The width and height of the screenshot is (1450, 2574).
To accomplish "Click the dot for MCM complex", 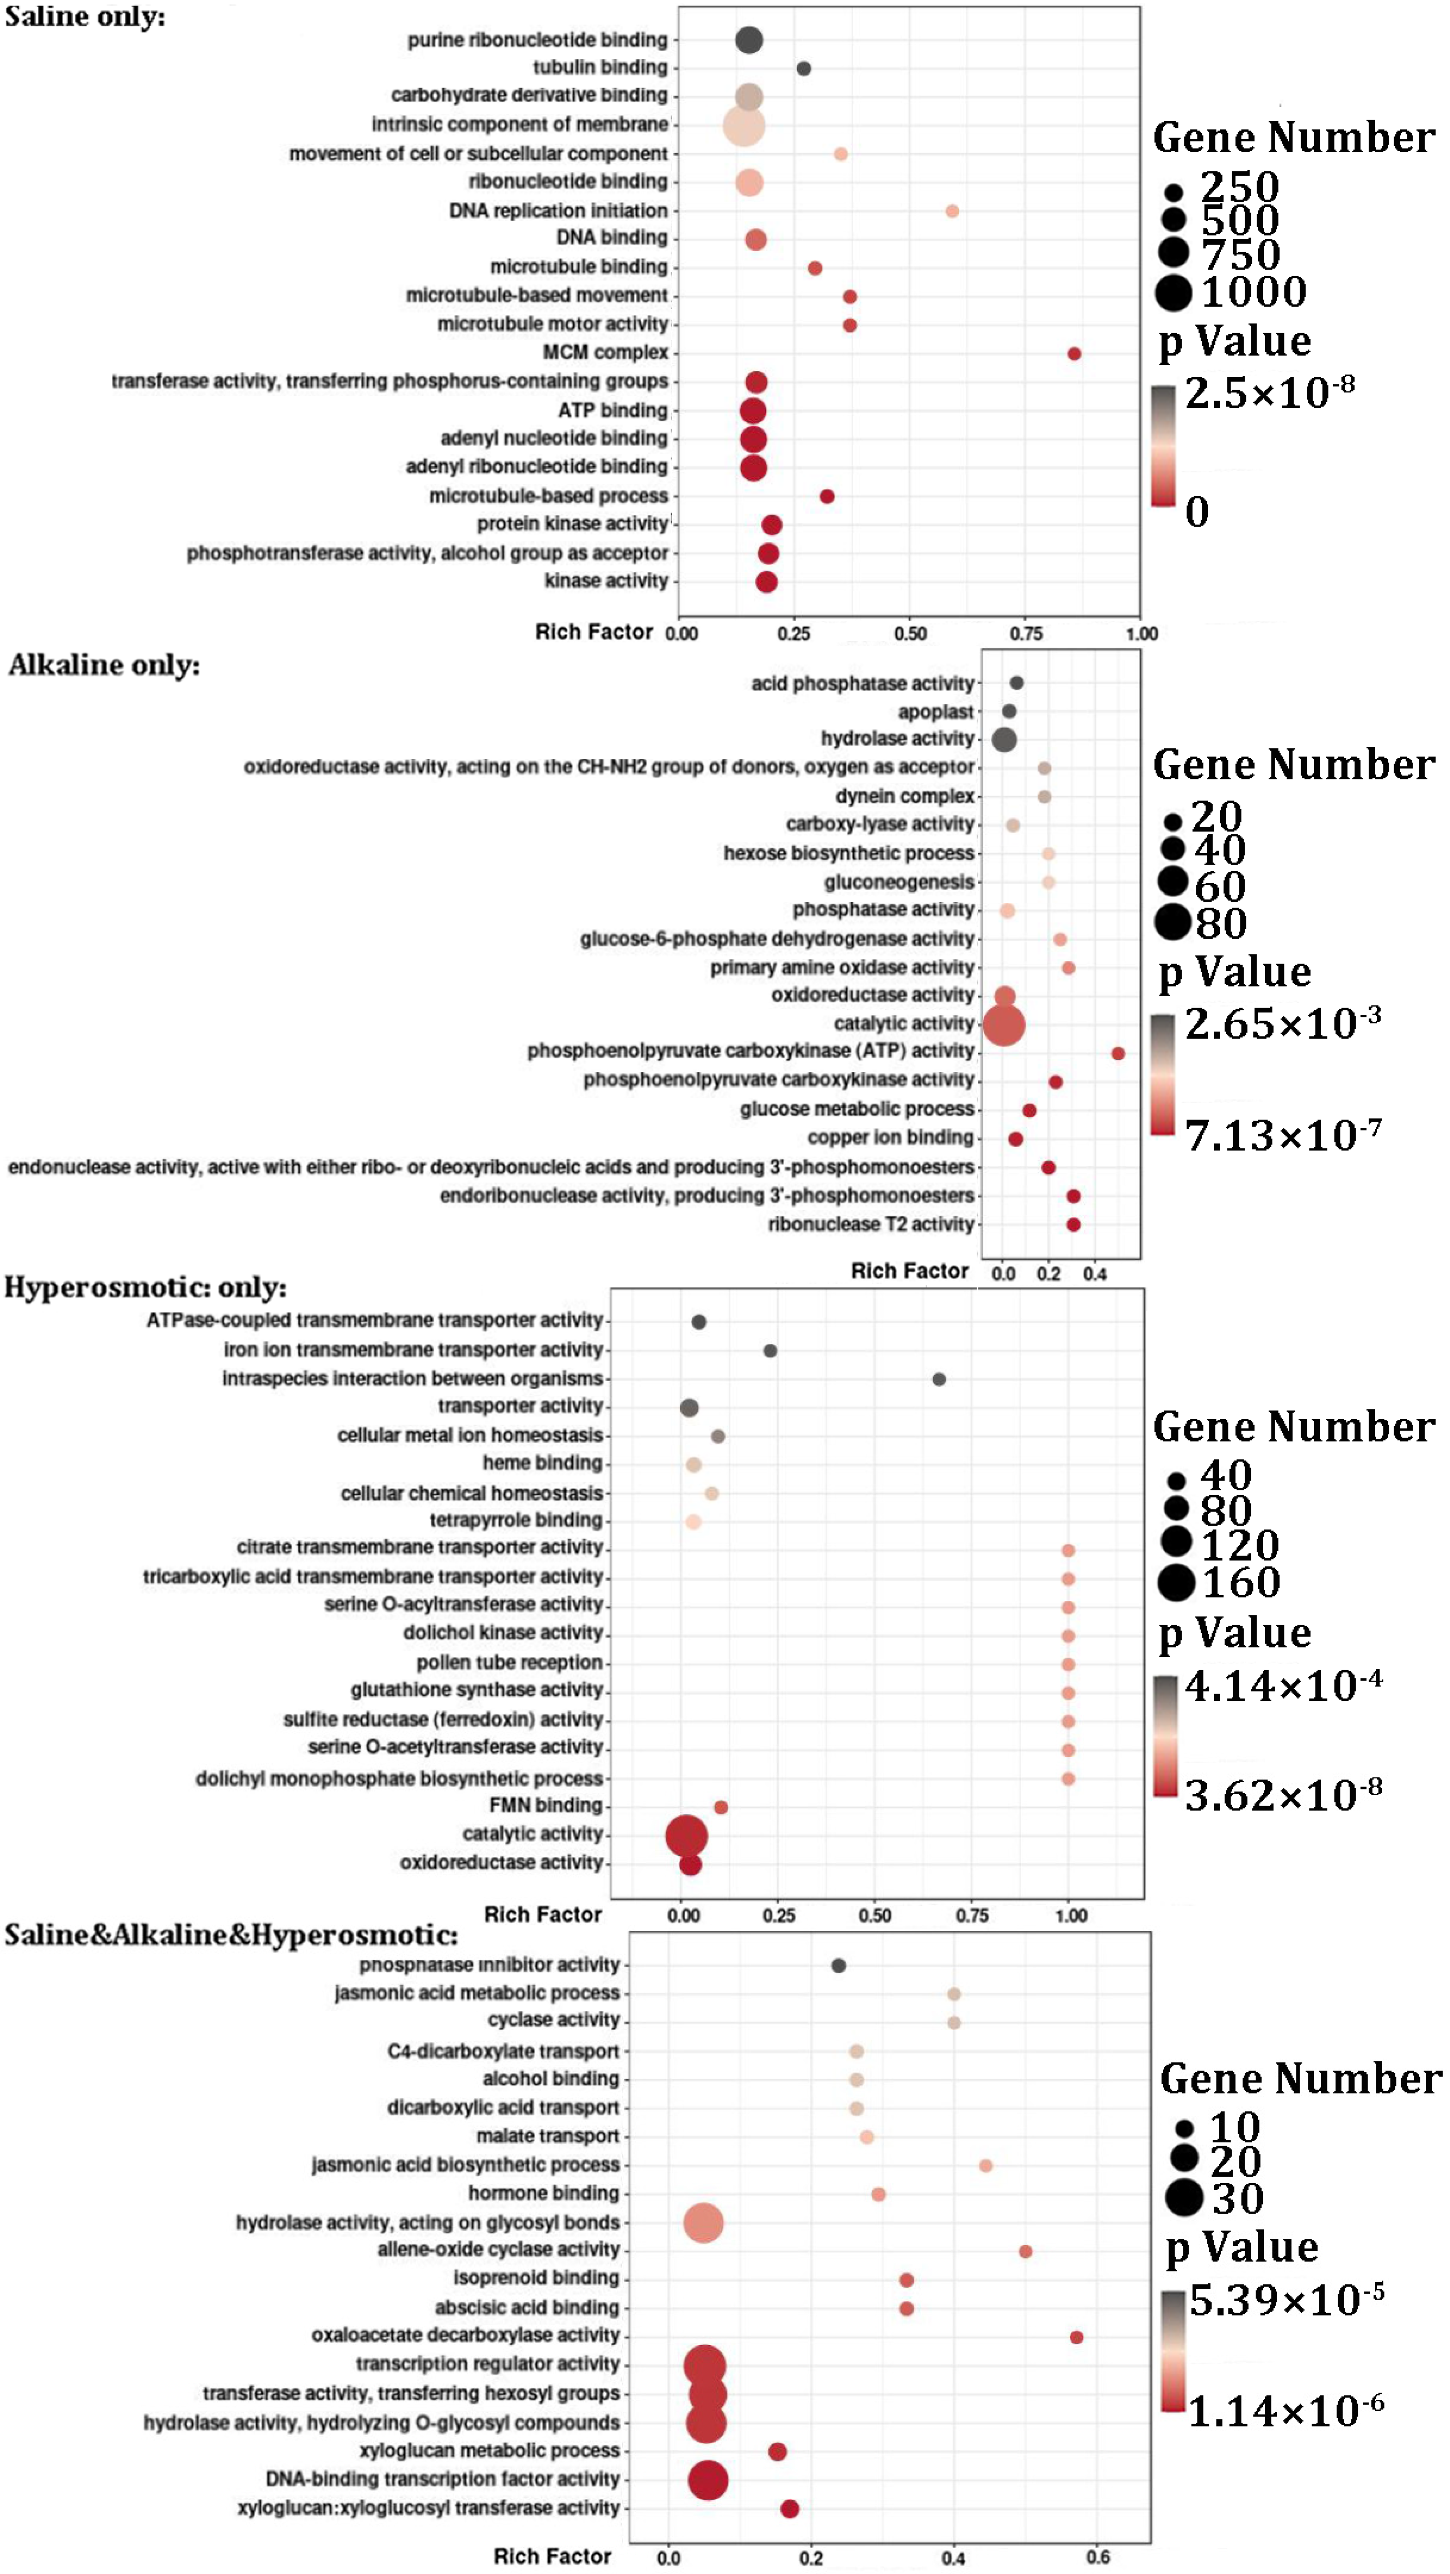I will point(1074,354).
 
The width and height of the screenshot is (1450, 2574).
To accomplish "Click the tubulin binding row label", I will point(600,67).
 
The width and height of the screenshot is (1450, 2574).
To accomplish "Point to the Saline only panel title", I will point(85,17).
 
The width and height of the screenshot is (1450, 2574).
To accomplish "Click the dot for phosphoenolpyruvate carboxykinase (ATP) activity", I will point(1118,1053).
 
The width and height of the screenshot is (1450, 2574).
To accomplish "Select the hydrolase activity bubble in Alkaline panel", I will point(1004,740).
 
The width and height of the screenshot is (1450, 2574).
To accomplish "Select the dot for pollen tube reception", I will point(1067,1665).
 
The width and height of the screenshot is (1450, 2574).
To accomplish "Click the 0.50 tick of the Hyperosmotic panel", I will point(876,1915).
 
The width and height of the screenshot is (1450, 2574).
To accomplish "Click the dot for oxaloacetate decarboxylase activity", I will point(1076,2337).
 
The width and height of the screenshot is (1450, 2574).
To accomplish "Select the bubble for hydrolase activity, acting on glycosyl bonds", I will point(704,2223).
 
